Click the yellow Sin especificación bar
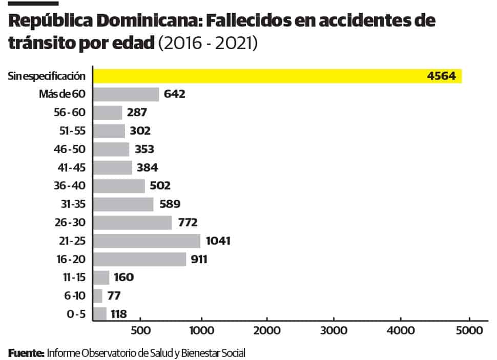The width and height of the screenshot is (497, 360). tap(277, 76)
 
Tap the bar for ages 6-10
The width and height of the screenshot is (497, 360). tap(98, 296)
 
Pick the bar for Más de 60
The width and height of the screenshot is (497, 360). tap(126, 94)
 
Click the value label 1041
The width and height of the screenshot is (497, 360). tap(219, 241)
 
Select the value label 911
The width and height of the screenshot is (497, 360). tap(198, 259)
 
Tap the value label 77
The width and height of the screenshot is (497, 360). tap(114, 296)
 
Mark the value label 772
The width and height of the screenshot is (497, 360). tap(187, 223)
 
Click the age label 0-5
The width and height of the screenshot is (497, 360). tap(76, 314)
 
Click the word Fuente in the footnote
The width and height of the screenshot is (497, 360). tap(25, 353)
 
